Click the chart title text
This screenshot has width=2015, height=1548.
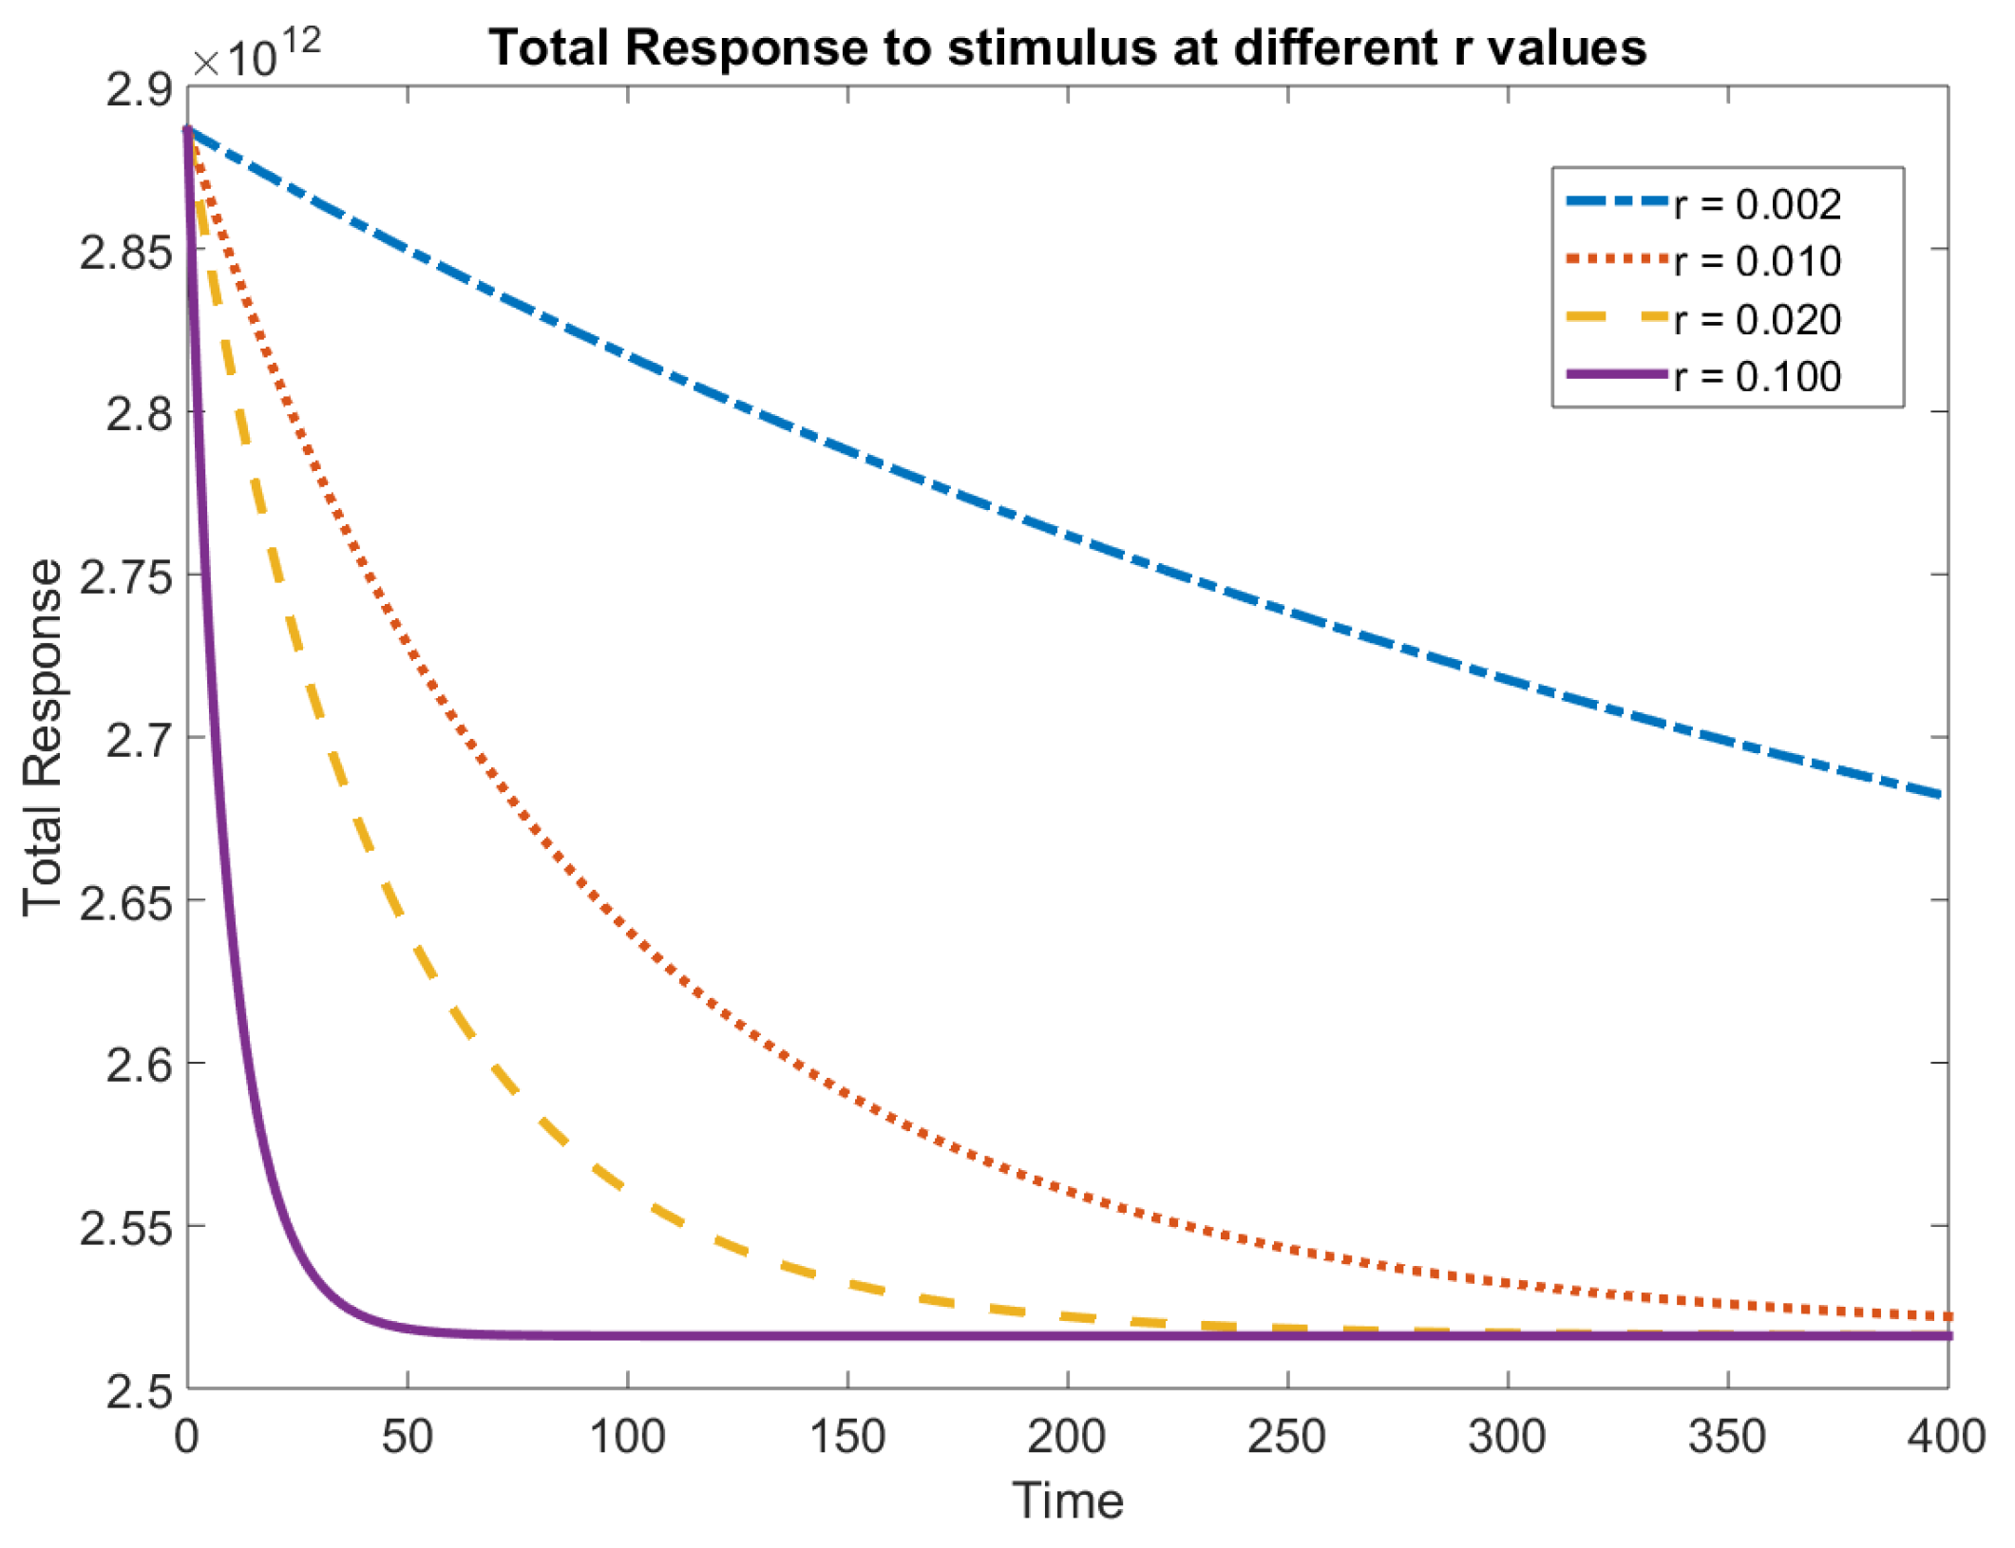click(1067, 47)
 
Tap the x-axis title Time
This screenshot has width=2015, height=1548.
click(1067, 1501)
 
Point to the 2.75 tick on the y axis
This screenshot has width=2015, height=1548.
click(125, 576)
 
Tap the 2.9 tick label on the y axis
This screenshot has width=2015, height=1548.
click(140, 89)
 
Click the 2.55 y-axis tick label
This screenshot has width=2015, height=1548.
click(125, 1227)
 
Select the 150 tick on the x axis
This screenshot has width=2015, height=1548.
click(846, 1437)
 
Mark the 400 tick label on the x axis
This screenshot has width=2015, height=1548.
click(1946, 1437)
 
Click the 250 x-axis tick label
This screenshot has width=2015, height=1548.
click(1286, 1437)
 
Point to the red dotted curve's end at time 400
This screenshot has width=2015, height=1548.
click(1944, 1316)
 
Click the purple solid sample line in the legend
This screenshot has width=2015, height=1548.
click(1617, 374)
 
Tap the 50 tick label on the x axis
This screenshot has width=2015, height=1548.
click(407, 1437)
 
